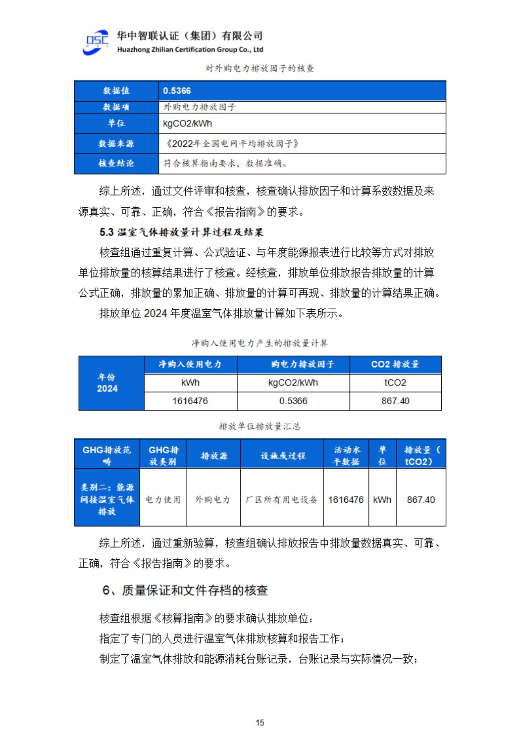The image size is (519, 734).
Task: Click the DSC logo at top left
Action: click(96, 42)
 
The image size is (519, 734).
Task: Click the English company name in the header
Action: click(190, 50)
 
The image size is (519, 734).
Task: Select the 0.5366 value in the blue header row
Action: click(177, 91)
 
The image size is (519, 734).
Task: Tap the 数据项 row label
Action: click(116, 107)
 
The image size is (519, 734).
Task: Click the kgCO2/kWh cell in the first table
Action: click(188, 124)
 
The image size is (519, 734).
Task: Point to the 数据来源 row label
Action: click(116, 144)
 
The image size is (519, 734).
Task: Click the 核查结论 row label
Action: click(116, 163)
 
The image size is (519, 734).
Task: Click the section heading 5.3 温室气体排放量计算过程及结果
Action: click(181, 232)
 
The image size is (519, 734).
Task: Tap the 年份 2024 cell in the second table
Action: click(108, 383)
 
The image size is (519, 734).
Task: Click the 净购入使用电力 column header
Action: click(190, 365)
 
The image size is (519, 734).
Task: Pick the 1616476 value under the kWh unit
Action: click(190, 401)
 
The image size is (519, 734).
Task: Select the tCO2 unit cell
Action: click(395, 383)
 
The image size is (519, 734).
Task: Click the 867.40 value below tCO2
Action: click(395, 401)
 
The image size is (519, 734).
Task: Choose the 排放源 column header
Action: click(214, 456)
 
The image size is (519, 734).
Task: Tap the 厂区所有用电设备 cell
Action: click(281, 500)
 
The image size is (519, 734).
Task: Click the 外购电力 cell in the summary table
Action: click(213, 500)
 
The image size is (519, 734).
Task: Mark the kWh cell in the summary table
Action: click(382, 500)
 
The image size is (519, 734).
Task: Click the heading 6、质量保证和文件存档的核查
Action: click(185, 590)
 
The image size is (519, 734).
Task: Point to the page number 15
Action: click(259, 723)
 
